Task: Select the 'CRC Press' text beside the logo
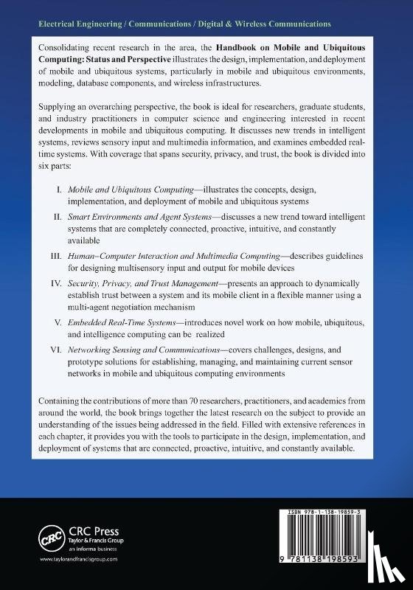(x=83, y=527)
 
